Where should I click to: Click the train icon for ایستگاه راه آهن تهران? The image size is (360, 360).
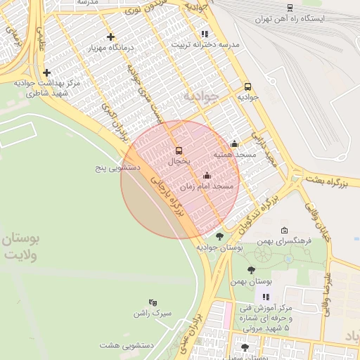[290, 8]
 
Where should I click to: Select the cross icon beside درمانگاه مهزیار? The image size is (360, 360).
[110, 37]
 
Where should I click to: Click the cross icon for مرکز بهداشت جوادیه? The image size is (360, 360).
[46, 72]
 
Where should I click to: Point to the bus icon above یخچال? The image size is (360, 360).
[179, 150]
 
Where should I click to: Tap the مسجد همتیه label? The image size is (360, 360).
[234, 154]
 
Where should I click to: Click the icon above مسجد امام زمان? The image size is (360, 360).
[207, 176]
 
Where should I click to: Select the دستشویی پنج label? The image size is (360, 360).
[118, 169]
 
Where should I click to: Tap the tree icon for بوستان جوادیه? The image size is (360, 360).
[219, 237]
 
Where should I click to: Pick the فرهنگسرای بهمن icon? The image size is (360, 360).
[284, 231]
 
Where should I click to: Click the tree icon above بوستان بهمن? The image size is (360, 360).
[251, 270]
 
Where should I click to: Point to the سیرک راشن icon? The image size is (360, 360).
[153, 302]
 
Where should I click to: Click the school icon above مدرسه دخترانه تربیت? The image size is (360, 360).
[205, 33]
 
